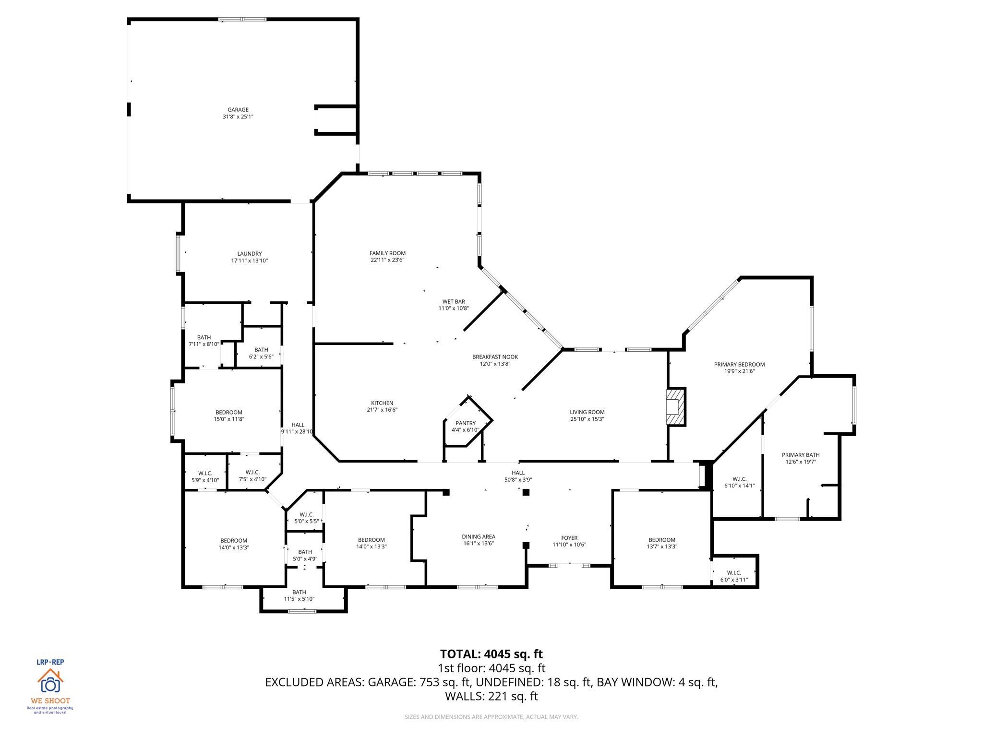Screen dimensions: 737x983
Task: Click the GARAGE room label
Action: coord(238,110)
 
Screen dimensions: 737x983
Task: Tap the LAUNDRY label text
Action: coord(249,254)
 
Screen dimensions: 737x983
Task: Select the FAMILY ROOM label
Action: coord(387,253)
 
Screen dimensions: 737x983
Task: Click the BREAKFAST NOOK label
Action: coord(495,357)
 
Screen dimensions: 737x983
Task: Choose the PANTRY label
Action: coord(465,423)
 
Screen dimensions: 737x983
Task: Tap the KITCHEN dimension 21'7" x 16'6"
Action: coord(382,410)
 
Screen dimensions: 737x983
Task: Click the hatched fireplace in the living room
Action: coord(675,407)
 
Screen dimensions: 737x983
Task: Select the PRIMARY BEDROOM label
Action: coord(739,365)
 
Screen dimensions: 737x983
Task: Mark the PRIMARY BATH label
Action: coord(801,455)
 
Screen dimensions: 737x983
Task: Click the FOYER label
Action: coord(569,538)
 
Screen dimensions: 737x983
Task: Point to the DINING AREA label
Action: coord(479,537)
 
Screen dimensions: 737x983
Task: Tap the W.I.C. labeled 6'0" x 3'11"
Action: coord(734,576)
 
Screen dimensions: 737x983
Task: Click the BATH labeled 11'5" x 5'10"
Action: coord(299,595)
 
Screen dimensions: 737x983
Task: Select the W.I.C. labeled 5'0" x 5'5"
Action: coord(306,518)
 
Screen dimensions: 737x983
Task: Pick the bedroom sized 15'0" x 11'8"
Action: coord(229,416)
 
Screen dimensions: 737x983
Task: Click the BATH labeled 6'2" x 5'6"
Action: coord(261,353)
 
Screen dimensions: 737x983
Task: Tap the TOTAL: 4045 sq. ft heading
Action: coord(491,654)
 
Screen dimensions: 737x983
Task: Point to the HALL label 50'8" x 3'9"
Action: coord(518,476)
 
